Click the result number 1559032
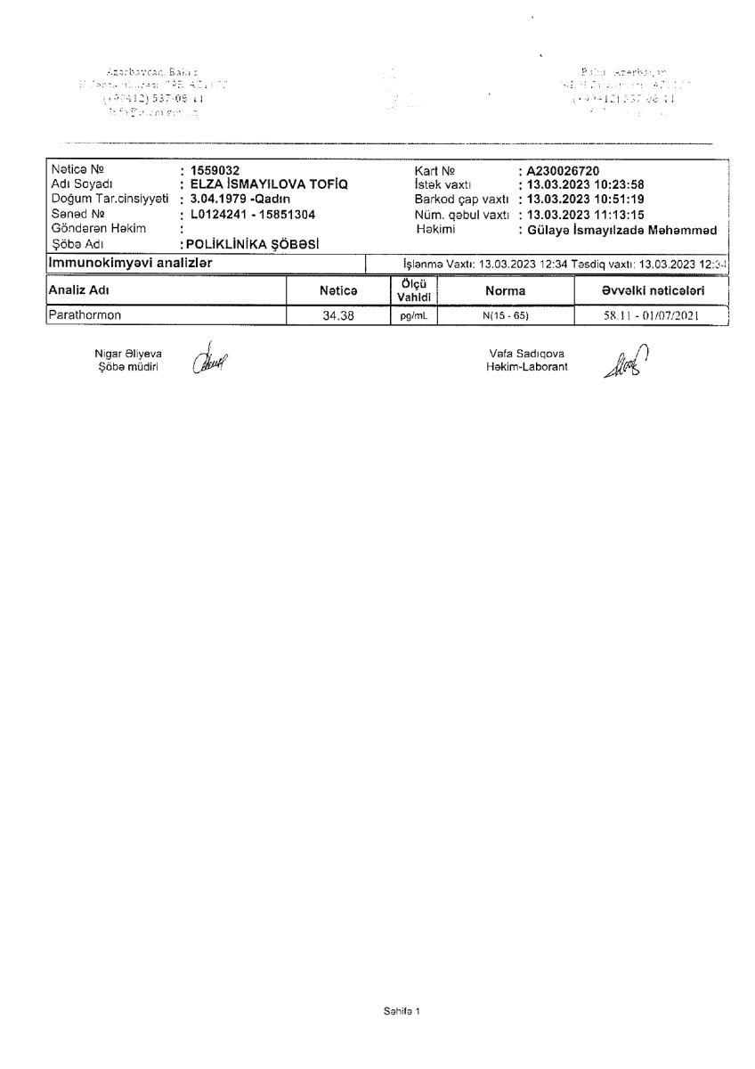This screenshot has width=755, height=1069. (x=209, y=169)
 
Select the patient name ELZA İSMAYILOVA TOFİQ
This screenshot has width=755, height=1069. (x=264, y=184)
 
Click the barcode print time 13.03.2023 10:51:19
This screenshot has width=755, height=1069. (x=587, y=200)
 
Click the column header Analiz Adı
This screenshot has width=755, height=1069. (x=78, y=290)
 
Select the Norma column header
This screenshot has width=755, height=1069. (x=505, y=290)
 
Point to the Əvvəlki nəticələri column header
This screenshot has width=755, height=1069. (x=653, y=290)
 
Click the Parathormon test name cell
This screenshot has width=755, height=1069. (x=85, y=314)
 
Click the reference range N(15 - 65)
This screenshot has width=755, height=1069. (x=505, y=315)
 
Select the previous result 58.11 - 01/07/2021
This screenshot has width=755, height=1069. (x=653, y=315)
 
